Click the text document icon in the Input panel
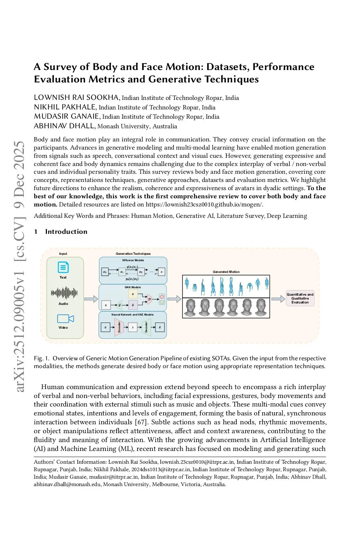[x=63, y=267]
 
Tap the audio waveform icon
[x=64, y=293]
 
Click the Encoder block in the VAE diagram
[x=119, y=327]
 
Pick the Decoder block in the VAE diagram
[x=146, y=327]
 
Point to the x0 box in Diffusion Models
[x=105, y=272]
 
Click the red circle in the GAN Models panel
[x=162, y=297]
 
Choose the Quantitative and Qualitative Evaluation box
[x=300, y=298]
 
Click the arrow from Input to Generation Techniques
[x=91, y=299]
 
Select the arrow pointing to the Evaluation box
[x=278, y=299]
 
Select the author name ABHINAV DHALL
[x=64, y=126]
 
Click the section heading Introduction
[x=66, y=232]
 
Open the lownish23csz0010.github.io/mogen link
[x=204, y=204]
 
